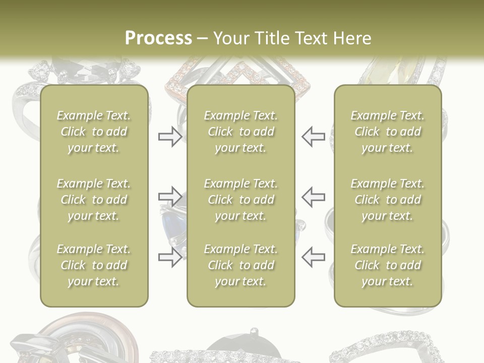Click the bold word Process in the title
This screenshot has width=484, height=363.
158,38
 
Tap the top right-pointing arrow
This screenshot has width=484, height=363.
170,137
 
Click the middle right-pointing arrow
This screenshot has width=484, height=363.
170,197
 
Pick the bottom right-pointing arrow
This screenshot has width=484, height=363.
170,257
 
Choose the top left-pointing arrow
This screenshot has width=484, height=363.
313,137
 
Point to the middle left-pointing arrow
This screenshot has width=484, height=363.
313,197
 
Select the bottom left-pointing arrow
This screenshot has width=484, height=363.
313,257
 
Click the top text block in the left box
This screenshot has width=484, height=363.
94,132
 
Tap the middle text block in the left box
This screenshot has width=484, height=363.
94,200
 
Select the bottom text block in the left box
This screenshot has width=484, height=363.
94,265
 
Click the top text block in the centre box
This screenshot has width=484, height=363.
240,132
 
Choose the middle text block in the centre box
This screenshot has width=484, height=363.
240,200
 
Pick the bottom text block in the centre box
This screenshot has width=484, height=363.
240,265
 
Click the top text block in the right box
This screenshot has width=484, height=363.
387,132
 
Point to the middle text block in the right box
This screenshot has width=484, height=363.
387,200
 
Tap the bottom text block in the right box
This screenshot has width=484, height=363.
387,265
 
